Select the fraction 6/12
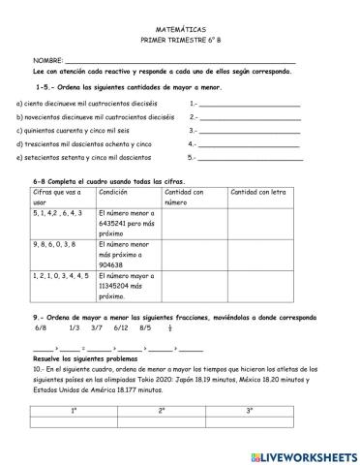point(121,327)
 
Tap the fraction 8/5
point(145,327)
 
